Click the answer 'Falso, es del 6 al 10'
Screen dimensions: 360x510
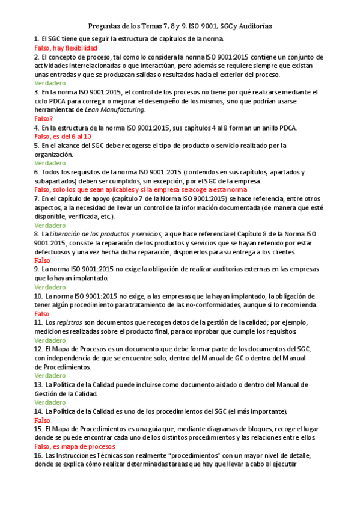[63, 137]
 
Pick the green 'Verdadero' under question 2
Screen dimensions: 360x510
[50, 83]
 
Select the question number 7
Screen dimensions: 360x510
[37, 198]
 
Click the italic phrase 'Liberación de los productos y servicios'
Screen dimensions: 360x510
[105, 234]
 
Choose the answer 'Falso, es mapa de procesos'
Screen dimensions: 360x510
[75, 447]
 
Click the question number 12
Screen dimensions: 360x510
[38, 349]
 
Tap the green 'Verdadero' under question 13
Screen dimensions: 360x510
[50, 402]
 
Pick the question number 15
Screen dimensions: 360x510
[38, 429]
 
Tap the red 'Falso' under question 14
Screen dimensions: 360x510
[42, 420]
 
